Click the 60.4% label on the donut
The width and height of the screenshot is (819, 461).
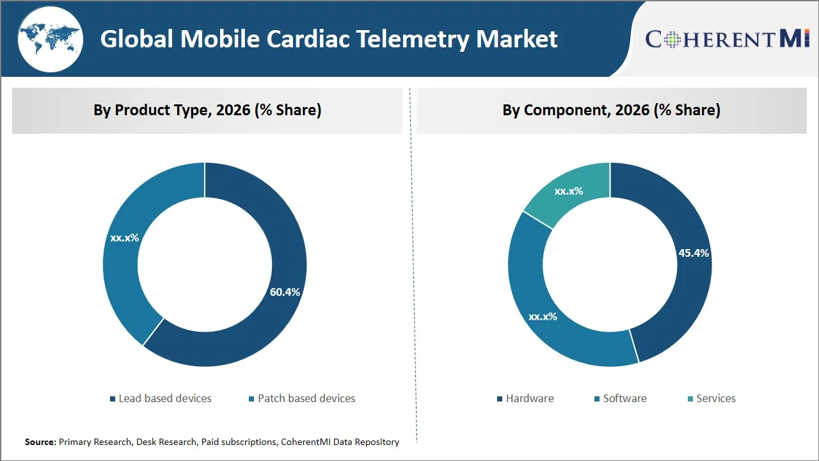[285, 292]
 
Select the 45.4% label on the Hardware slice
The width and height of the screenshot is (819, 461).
[694, 253]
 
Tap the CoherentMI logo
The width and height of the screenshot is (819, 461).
[728, 38]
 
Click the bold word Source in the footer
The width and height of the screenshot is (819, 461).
[40, 442]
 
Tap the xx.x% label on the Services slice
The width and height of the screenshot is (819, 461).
[568, 191]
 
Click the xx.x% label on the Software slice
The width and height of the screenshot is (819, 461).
[542, 316]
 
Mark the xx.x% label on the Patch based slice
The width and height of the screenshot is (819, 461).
[125, 238]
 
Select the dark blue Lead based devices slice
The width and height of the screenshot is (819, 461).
[269, 320]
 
